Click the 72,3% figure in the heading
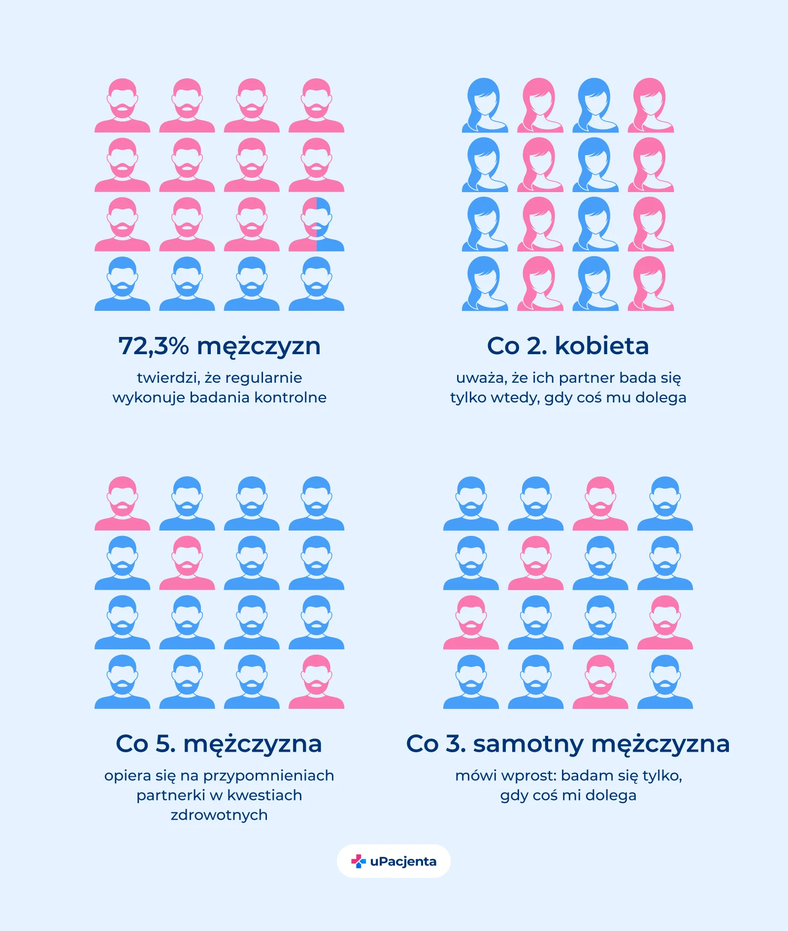pos(154,346)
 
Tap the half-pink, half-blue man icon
pos(316,225)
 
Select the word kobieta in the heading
pos(602,346)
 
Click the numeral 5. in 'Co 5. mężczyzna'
pos(166,744)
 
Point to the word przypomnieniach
pos(268,776)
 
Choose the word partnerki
pos(171,796)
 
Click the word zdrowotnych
pos(219,815)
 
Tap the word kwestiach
pos(264,796)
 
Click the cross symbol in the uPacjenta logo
pos(358,861)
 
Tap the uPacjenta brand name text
pos(403,862)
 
